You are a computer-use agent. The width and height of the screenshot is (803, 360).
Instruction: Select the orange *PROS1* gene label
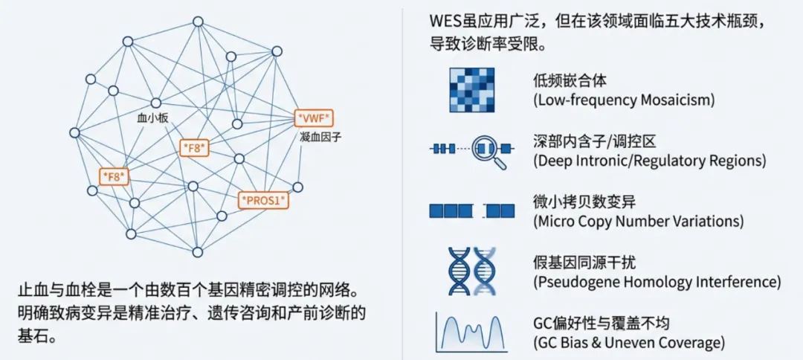(263, 200)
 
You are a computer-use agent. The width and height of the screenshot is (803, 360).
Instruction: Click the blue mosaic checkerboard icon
(471, 89)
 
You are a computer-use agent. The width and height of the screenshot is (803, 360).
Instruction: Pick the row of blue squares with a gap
(471, 211)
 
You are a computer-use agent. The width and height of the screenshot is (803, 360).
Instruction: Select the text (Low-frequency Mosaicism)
(623, 100)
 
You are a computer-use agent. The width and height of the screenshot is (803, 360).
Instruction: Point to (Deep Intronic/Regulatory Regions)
(649, 160)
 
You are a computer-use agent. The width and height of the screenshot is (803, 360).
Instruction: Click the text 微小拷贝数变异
(579, 202)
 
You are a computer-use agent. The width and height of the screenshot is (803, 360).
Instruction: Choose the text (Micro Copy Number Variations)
(638, 221)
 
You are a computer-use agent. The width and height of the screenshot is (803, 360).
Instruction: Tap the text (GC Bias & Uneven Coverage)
(628, 343)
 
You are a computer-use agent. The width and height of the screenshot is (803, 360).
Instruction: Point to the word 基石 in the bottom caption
(30, 335)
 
